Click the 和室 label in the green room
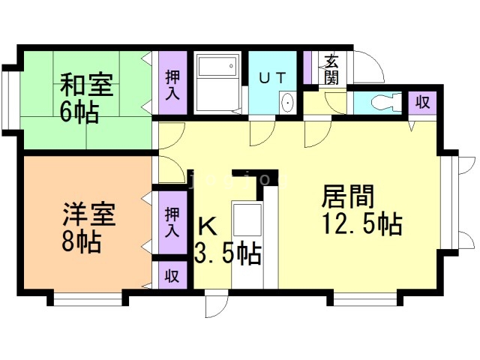point(87,83)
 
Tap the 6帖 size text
point(79,112)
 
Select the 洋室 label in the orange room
point(88,217)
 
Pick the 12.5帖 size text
point(361,224)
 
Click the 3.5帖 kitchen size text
point(227,253)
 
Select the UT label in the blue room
point(271,77)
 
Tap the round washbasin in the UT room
point(286,103)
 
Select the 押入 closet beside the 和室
point(172,83)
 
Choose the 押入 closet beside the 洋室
point(172,221)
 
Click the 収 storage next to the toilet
point(422,103)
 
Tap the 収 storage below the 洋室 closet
point(172,274)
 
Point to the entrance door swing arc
point(370,67)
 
